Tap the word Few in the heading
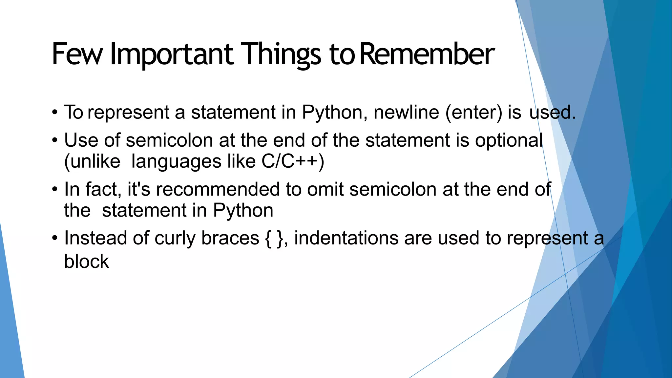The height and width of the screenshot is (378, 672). [x=77, y=54]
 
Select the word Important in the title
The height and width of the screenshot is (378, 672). [x=172, y=54]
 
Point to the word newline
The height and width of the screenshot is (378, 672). [x=406, y=112]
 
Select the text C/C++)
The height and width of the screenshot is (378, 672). [x=293, y=161]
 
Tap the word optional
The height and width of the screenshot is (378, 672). [x=509, y=140]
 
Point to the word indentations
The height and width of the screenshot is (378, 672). [x=346, y=238]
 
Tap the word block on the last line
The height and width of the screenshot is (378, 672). [x=86, y=262]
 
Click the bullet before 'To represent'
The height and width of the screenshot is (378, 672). [x=55, y=113]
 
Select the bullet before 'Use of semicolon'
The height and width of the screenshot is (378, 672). [x=55, y=141]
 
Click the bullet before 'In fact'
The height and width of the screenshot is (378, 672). [x=55, y=190]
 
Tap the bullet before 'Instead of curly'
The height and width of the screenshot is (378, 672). [x=55, y=239]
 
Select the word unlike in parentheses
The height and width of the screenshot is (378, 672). [x=95, y=161]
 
